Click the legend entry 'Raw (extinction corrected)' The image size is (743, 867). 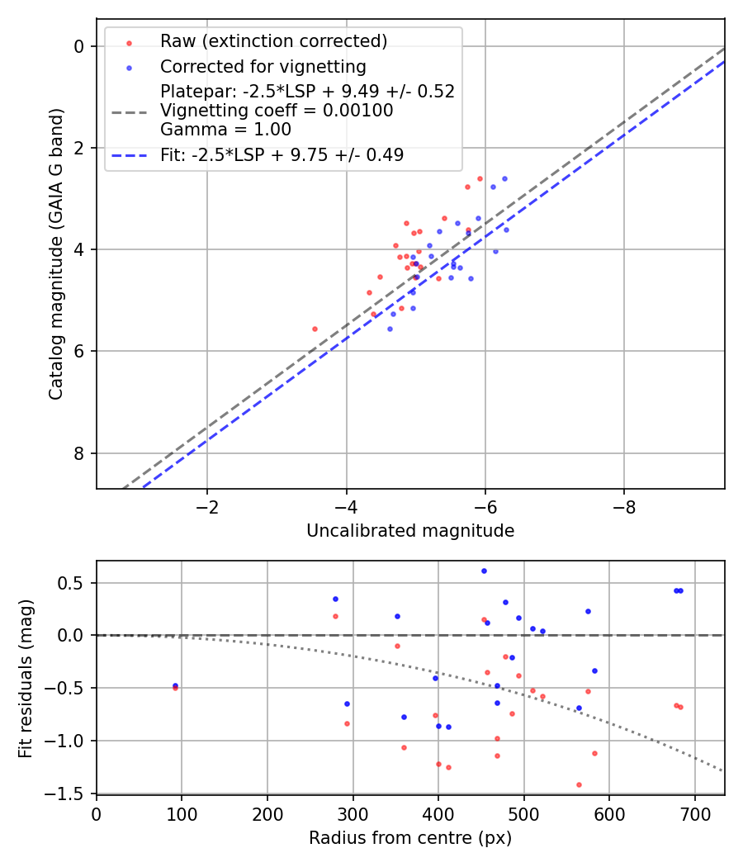tap(273, 41)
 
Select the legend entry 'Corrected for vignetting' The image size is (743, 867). tap(263, 66)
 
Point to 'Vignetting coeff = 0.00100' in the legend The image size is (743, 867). tap(277, 110)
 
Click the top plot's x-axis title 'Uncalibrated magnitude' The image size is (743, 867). tap(410, 531)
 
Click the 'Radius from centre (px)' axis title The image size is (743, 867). tap(410, 838)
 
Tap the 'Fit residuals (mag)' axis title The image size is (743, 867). tap(26, 678)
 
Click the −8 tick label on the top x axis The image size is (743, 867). tap(623, 507)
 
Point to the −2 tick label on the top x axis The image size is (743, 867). tap(207, 507)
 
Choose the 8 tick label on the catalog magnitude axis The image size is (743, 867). tap(79, 453)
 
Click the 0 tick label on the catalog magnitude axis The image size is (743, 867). tap(79, 46)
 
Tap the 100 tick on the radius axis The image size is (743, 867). tap(182, 813)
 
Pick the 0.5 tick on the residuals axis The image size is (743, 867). tap(72, 583)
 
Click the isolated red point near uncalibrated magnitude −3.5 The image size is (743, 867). tap(315, 329)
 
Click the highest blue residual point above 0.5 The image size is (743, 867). tap(484, 571)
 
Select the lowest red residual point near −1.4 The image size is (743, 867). tap(579, 784)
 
